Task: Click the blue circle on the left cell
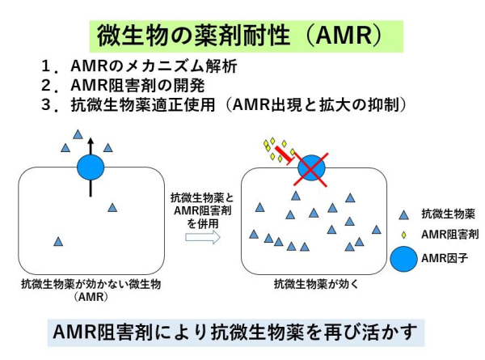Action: [x=91, y=168]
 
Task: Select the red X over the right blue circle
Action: [x=311, y=169]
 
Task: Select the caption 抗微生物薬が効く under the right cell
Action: [x=310, y=284]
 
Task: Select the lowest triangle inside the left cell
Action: [x=57, y=241]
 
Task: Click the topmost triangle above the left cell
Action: [x=78, y=134]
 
